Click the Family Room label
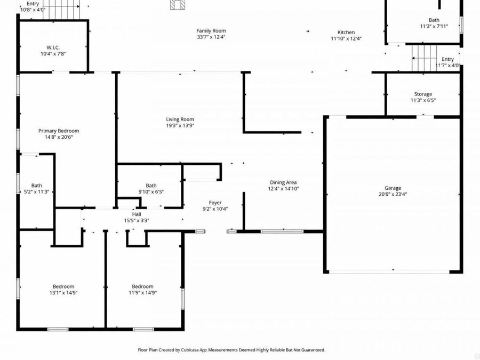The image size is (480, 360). [x=211, y=31]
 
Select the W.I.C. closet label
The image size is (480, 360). [x=53, y=47]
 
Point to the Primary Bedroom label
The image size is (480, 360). [x=59, y=131]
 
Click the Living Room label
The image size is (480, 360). [x=180, y=119]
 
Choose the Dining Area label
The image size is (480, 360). [x=283, y=182]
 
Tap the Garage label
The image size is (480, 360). [x=393, y=188]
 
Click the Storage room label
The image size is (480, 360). [x=423, y=94]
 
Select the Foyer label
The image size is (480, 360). [x=215, y=203]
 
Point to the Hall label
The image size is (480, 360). [x=137, y=214]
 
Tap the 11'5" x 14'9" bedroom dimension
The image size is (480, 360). [x=142, y=292]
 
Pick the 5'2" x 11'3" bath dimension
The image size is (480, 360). [x=36, y=191]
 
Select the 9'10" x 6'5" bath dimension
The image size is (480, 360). [x=151, y=191]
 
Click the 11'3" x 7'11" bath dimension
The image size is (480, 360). [x=434, y=26]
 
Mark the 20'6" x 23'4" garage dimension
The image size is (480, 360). [x=393, y=194]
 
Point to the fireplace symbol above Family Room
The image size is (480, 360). [x=178, y=4]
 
